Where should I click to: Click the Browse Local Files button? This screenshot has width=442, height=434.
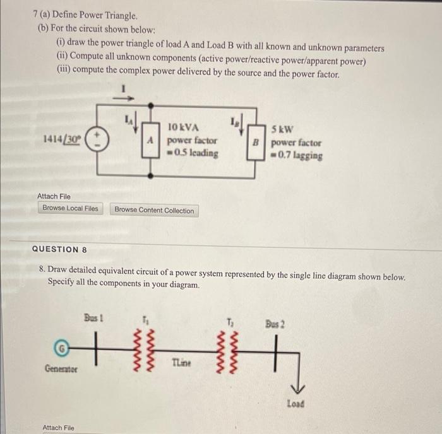(70, 208)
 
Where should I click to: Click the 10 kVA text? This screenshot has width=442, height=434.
(184, 129)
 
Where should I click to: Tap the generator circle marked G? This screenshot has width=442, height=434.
(61, 347)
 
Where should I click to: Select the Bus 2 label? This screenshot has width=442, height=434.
(275, 324)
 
